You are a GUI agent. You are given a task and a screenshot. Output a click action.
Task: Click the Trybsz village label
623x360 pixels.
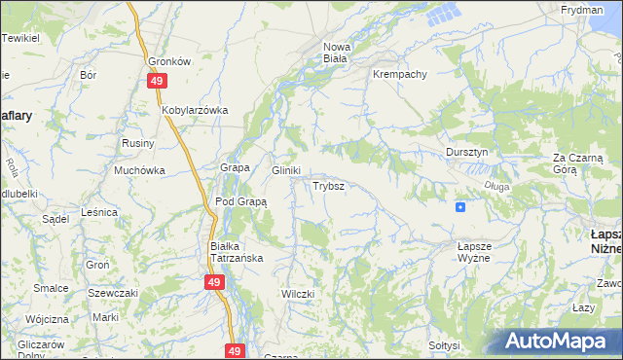tap(327, 185)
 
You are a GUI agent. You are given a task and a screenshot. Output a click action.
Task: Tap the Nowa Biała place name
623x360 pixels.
tap(337, 52)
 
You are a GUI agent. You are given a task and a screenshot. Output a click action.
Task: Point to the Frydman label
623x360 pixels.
tap(581, 9)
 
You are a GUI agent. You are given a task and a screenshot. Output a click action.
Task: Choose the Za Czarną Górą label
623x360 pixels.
tap(579, 162)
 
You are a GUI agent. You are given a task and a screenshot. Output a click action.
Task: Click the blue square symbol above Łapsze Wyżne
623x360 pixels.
tap(459, 206)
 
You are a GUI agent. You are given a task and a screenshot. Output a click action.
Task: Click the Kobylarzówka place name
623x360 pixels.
tap(195, 110)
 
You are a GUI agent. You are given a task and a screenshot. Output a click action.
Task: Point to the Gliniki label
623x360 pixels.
tap(285, 170)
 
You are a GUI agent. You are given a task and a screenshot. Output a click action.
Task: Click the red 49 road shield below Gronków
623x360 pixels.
tap(157, 83)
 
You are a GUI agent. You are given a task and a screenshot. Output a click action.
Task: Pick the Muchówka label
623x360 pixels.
tap(139, 170)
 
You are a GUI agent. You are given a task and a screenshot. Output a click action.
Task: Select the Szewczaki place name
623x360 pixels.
tap(113, 293)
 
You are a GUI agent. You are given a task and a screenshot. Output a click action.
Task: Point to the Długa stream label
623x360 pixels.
tap(495, 186)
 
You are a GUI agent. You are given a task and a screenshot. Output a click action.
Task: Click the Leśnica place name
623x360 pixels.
tap(100, 211)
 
